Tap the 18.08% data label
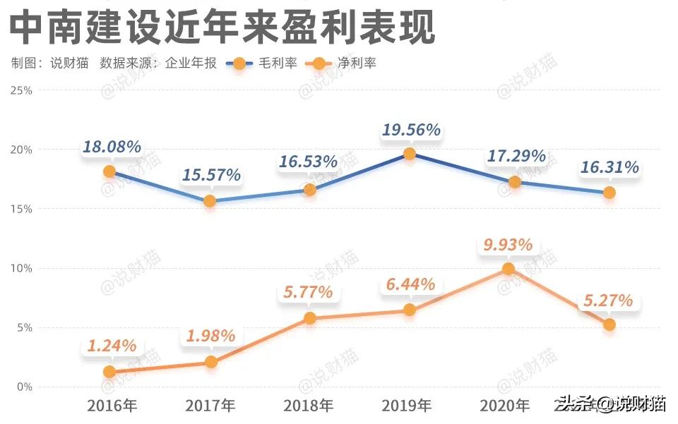pyautogui.click(x=112, y=147)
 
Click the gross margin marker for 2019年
pyautogui.click(x=410, y=154)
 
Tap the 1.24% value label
pyautogui.click(x=112, y=346)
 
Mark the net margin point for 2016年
pyautogui.click(x=109, y=372)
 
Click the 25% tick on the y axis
pyautogui.click(x=23, y=90)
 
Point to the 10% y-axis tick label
pyautogui.click(x=23, y=268)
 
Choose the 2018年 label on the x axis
pyautogui.click(x=309, y=406)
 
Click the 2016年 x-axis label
pyautogui.click(x=112, y=406)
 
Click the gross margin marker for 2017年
pyautogui.click(x=210, y=201)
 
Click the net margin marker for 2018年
pyautogui.click(x=309, y=318)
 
